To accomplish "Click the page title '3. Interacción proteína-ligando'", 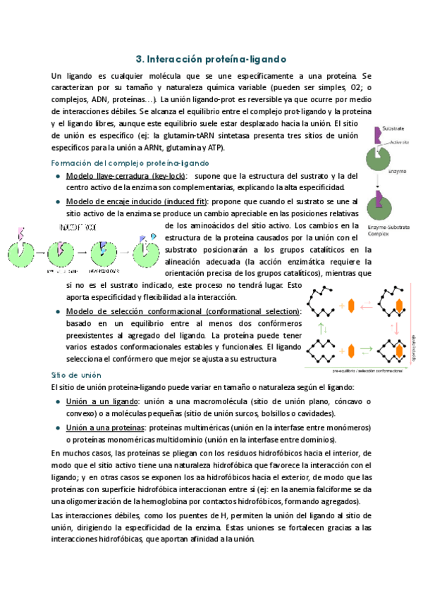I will tap(211, 59).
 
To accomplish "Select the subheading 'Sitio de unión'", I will tap(73, 375).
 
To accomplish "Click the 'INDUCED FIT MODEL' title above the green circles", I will tap(78, 228).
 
